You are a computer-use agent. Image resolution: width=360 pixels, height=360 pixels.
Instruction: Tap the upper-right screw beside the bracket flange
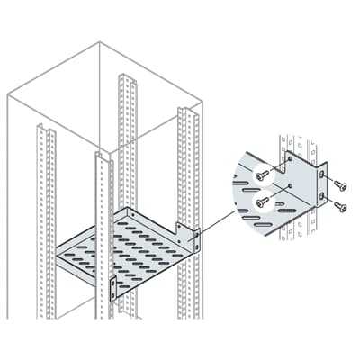[338, 184]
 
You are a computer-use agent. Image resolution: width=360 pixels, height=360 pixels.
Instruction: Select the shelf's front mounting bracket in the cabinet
[113, 287]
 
